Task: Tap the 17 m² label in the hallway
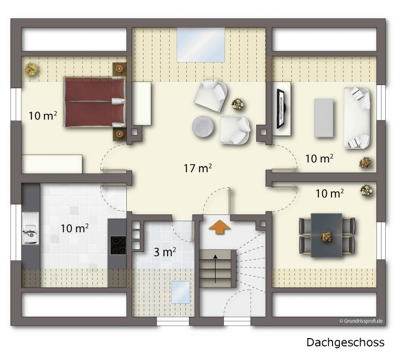click(x=197, y=169)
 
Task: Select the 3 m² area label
click(x=164, y=253)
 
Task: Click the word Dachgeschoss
click(x=345, y=342)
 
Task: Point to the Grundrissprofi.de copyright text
click(x=361, y=321)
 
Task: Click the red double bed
click(x=94, y=102)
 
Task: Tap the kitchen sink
click(x=30, y=231)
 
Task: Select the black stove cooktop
click(x=118, y=245)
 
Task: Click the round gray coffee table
click(x=203, y=126)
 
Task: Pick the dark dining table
click(x=326, y=235)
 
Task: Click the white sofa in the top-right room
click(x=357, y=117)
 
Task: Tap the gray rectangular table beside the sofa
click(x=324, y=117)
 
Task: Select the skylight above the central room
click(x=201, y=45)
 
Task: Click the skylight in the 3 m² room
click(x=181, y=292)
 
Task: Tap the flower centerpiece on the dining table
click(x=327, y=236)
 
